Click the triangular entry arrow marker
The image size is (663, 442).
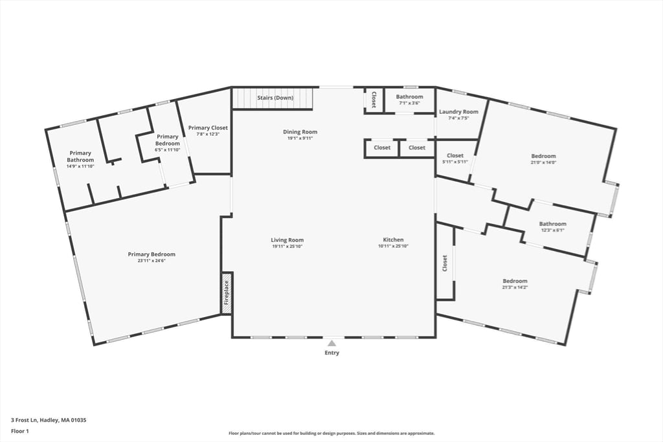point(331,343)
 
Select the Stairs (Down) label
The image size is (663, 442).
point(275,98)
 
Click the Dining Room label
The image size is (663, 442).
point(300,132)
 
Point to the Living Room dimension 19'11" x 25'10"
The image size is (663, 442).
point(287,247)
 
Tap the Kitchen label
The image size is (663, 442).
point(393,240)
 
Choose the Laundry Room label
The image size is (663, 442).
point(458,112)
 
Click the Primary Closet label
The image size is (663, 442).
point(208,128)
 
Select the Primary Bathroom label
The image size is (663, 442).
point(80,157)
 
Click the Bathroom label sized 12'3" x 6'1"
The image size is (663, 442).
point(552,224)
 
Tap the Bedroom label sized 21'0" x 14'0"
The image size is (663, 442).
point(543,156)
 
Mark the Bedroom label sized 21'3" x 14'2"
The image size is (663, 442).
point(515,281)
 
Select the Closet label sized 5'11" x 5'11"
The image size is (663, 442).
point(455,155)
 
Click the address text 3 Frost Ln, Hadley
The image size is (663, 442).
point(49,420)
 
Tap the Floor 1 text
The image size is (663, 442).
point(21,430)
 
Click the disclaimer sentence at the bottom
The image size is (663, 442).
point(331,434)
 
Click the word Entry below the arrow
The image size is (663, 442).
point(331,353)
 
